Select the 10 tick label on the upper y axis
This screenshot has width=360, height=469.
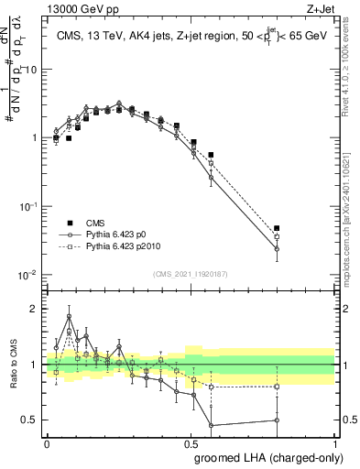click(x=31, y=70)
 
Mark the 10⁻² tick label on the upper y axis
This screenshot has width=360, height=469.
click(x=29, y=274)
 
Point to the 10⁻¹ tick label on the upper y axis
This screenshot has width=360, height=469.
click(x=29, y=206)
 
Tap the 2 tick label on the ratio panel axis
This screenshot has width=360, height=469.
click(x=35, y=309)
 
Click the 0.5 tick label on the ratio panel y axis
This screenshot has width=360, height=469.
click(x=31, y=420)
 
